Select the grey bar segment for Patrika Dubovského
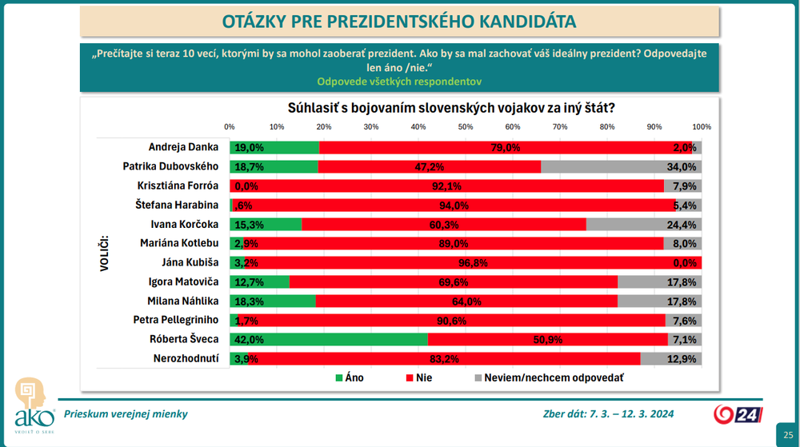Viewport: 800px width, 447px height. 621,166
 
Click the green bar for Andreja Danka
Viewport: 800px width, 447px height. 274,147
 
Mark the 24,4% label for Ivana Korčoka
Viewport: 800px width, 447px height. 686,224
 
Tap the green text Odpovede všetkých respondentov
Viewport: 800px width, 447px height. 398,82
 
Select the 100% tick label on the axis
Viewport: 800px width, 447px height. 702,127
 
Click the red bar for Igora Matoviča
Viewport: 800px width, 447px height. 453,281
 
